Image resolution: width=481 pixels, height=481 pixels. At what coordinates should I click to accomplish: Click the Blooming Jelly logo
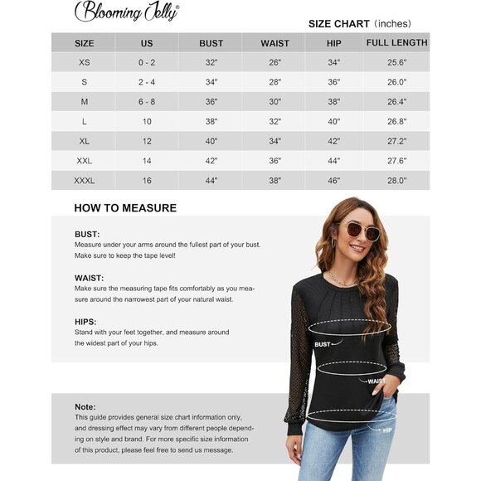pos(127,11)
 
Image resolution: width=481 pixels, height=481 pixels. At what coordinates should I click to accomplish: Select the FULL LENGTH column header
pos(396,42)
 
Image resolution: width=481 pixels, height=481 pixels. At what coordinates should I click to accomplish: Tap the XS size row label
pos(84,62)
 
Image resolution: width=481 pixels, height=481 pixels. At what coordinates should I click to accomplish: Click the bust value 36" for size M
pos(211,102)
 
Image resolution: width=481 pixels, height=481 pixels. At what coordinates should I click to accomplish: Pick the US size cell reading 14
pos(147,161)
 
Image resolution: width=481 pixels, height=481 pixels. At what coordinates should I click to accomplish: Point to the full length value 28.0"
pos(396,181)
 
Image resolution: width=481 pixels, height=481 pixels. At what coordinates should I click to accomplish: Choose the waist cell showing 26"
pos(275,62)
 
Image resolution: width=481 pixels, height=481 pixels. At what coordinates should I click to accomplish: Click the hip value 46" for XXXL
pos(334,181)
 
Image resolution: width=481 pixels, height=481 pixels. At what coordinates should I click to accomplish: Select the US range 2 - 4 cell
pos(147,82)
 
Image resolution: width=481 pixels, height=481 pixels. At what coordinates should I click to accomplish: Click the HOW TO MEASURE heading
pos(125,208)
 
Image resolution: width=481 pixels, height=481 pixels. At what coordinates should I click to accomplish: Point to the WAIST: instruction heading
pos(90,278)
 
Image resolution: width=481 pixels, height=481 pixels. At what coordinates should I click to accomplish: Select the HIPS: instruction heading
pos(85,321)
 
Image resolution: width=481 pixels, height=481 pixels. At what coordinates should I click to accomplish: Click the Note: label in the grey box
pos(85,406)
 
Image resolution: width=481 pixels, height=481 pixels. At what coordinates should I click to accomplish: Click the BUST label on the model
pos(322,343)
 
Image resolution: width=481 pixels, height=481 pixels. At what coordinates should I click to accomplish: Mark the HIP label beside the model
pos(386,430)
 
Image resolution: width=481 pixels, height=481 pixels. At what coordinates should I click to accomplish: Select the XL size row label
pos(84,141)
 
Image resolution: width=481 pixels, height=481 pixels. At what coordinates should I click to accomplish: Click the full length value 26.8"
pos(396,122)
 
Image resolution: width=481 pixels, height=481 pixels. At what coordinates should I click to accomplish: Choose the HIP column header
pos(334,43)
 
